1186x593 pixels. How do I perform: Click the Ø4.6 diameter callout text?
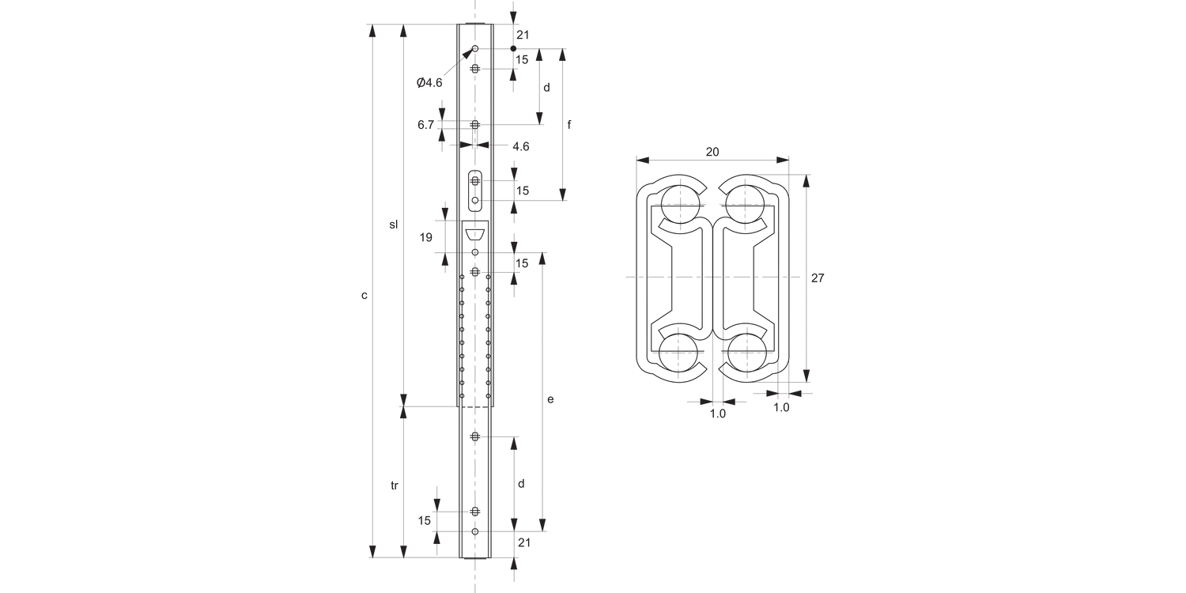click(x=429, y=82)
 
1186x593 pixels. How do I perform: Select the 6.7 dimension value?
click(x=425, y=125)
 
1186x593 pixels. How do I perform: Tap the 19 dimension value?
click(x=425, y=236)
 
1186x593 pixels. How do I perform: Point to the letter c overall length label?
click(x=364, y=295)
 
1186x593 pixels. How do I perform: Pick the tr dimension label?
click(x=394, y=485)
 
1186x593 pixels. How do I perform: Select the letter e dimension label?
click(x=550, y=399)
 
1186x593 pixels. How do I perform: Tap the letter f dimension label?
click(x=569, y=125)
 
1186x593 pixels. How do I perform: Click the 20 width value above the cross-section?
click(x=712, y=153)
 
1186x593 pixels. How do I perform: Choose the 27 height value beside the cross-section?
click(x=818, y=278)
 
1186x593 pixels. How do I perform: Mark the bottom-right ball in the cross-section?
click(x=746, y=353)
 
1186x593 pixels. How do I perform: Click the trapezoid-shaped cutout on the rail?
click(x=475, y=234)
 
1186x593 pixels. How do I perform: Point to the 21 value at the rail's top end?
click(x=522, y=35)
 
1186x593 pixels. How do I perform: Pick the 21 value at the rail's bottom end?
click(x=523, y=542)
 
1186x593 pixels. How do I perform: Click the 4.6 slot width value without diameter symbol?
click(x=520, y=146)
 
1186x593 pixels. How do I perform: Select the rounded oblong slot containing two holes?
click(x=475, y=191)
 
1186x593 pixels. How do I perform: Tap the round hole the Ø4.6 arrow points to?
click(x=475, y=49)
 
